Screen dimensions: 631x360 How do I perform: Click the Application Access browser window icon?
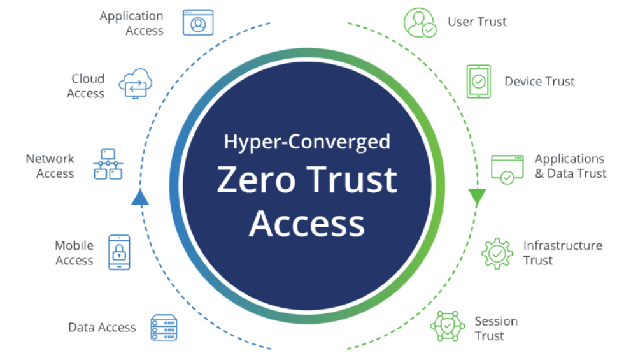pos(198,22)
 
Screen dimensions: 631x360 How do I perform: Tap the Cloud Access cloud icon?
pos(136,83)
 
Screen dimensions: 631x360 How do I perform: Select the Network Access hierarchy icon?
pos(108,164)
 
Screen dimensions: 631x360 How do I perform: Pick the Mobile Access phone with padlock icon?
pos(119,252)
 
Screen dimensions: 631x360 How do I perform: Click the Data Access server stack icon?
pos(164,328)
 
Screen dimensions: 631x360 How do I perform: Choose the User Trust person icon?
pos(420,23)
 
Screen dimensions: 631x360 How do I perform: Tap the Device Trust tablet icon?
pos(478,82)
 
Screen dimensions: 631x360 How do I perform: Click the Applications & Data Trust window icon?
pos(507,169)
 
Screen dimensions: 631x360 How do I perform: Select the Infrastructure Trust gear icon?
pos(497,254)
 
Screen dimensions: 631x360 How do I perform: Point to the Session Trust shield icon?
pos(447,326)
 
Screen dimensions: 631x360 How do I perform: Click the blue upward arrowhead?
pos(140,198)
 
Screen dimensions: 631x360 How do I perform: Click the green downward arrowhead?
pos(477,197)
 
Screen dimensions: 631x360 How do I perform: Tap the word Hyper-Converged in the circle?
pos(307,142)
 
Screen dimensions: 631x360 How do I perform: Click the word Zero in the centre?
pos(256,180)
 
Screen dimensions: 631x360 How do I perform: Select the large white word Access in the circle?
pos(307,224)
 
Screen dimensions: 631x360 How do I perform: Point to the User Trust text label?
pos(477,22)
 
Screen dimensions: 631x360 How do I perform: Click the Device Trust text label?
pos(539,82)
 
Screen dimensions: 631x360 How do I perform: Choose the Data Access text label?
pos(102,328)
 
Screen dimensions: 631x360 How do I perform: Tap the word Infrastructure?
pos(563,246)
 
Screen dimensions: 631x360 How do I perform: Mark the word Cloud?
pos(88,78)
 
